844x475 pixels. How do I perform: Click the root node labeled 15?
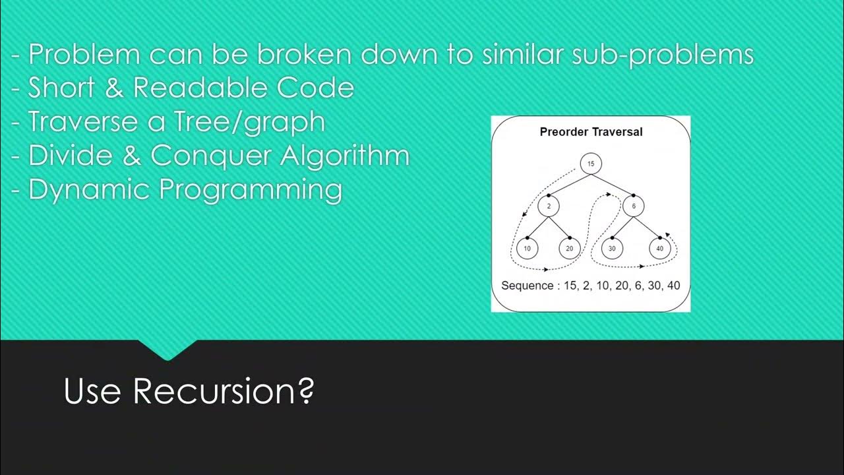coord(591,164)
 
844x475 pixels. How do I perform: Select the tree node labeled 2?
coord(548,206)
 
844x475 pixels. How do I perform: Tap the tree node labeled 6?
coord(634,206)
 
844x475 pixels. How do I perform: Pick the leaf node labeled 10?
coord(527,249)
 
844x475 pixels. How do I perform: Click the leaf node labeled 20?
coord(570,249)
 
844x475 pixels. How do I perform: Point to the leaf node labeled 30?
coord(613,249)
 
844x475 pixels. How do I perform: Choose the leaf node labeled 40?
coord(659,249)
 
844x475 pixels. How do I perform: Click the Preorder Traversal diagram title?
coord(591,132)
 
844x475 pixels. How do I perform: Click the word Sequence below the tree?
coord(526,286)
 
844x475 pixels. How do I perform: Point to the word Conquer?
coord(212,156)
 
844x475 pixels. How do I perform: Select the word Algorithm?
coord(345,156)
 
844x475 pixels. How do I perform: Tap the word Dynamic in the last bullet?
coord(90,190)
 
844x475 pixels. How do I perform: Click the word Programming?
coord(251,190)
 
